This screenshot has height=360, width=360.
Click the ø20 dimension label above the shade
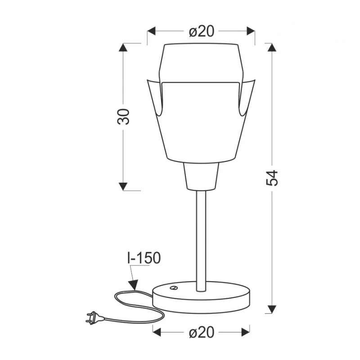[201, 31]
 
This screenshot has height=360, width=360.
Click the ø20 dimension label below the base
[201, 332]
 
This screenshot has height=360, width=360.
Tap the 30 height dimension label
[123, 117]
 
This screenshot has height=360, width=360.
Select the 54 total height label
[272, 178]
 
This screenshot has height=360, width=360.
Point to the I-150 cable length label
[144, 258]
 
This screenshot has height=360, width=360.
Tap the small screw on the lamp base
[173, 288]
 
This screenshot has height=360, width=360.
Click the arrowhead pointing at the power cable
[133, 285]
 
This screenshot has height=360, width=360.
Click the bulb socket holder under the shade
[201, 176]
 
